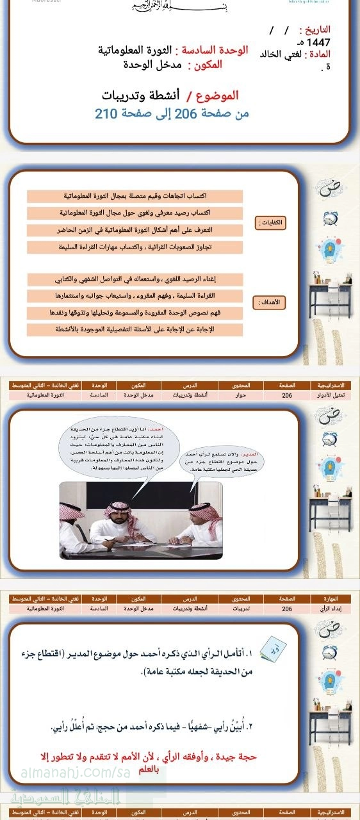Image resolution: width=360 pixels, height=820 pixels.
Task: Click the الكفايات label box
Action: point(270,223)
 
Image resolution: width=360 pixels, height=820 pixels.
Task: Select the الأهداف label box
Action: point(270,302)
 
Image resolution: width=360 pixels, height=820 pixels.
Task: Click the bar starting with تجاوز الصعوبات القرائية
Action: point(135,247)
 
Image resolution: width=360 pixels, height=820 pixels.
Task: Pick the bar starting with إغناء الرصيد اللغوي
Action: point(135,279)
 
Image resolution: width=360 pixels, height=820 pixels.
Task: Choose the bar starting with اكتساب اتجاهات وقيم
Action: point(135,195)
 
